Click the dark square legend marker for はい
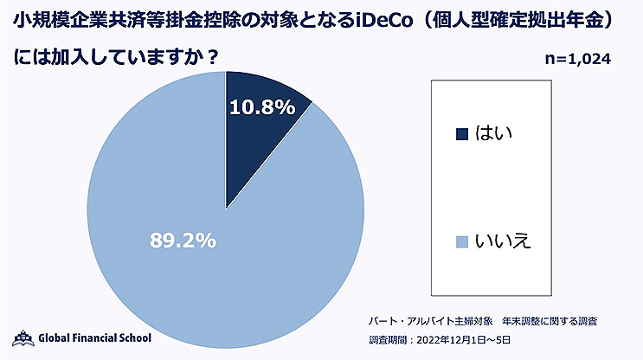tap(461, 133)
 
